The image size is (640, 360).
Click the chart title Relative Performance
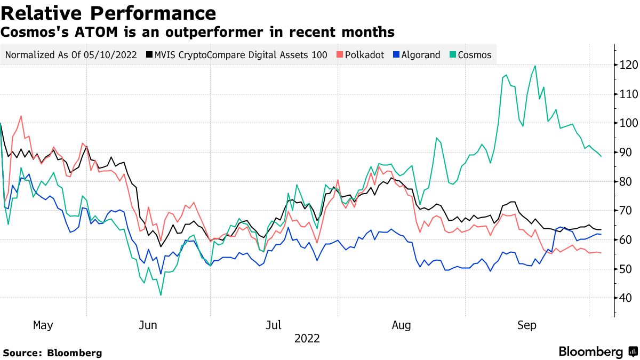[x=109, y=13]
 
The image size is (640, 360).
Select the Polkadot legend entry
[x=359, y=55]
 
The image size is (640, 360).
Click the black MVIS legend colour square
[x=150, y=55]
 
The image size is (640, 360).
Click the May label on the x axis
[x=43, y=325]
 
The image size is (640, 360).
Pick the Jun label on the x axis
[x=147, y=325]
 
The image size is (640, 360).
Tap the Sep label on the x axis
[x=526, y=325]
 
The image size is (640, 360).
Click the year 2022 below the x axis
[x=307, y=338]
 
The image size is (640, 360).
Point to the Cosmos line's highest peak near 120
[x=534, y=66]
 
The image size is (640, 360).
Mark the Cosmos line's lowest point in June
[x=161, y=295]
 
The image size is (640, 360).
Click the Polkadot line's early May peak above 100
[x=21, y=116]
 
